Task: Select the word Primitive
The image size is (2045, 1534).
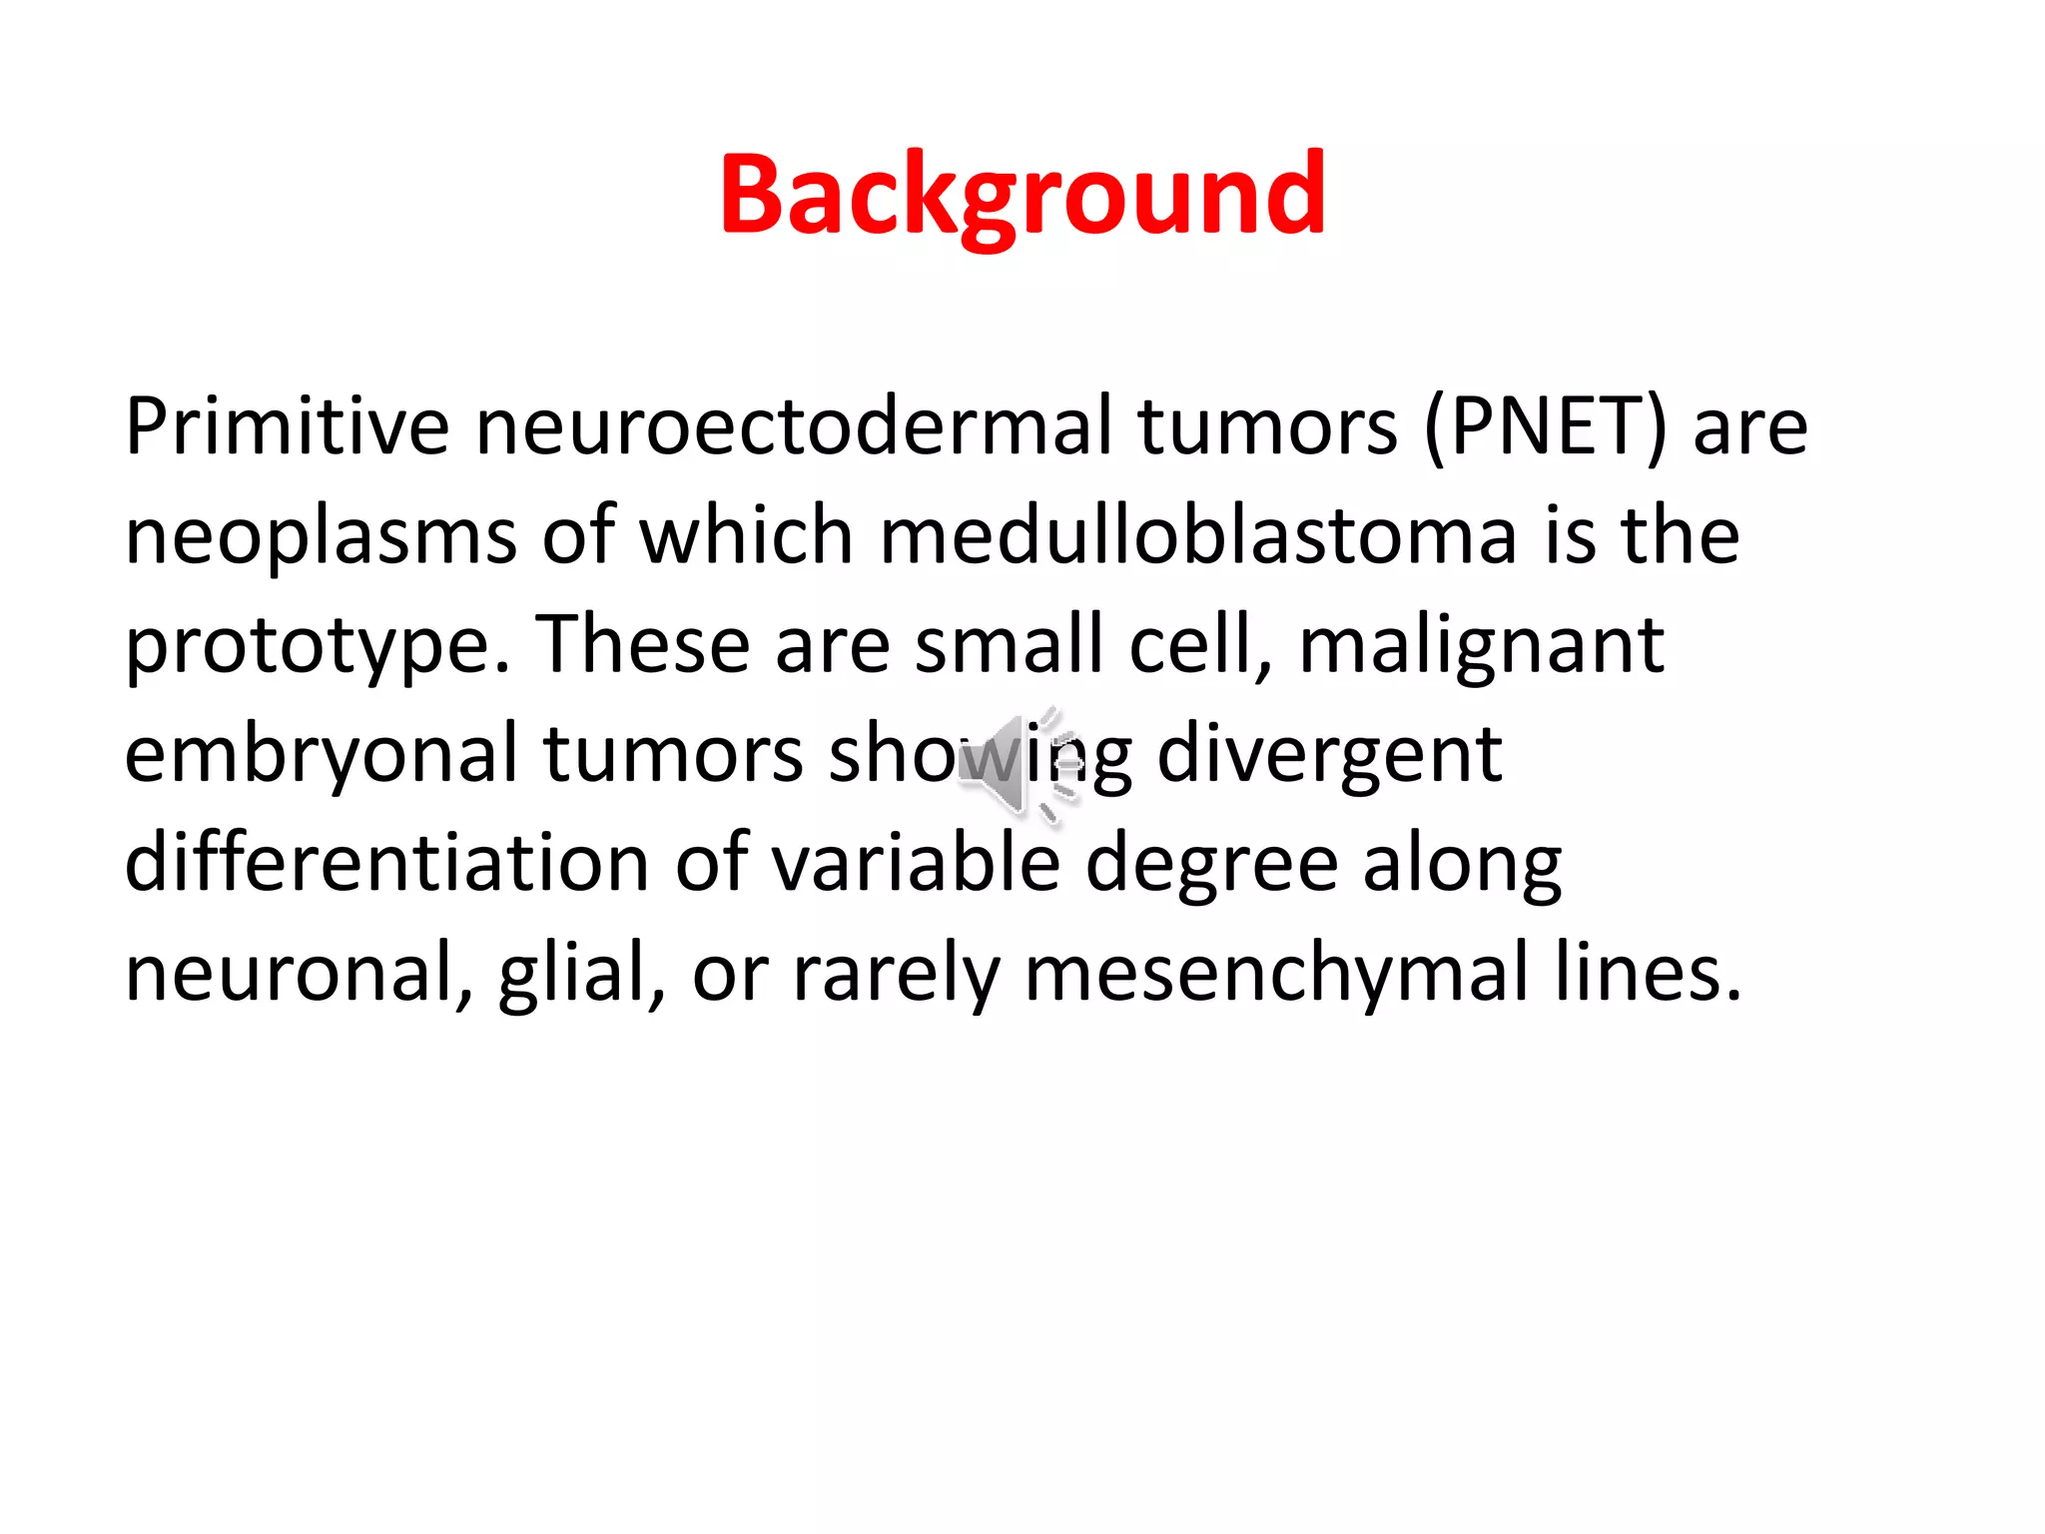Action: (287, 426)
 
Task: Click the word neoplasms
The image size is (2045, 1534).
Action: (321, 536)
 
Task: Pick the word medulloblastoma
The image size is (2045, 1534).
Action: (1198, 536)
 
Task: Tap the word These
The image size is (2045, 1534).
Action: (642, 644)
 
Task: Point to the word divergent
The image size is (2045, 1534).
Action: (1329, 755)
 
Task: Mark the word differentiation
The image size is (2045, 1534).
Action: (387, 863)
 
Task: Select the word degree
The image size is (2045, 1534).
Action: (1211, 865)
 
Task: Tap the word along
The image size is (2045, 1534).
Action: (1462, 865)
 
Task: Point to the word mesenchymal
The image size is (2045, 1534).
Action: (1276, 973)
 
